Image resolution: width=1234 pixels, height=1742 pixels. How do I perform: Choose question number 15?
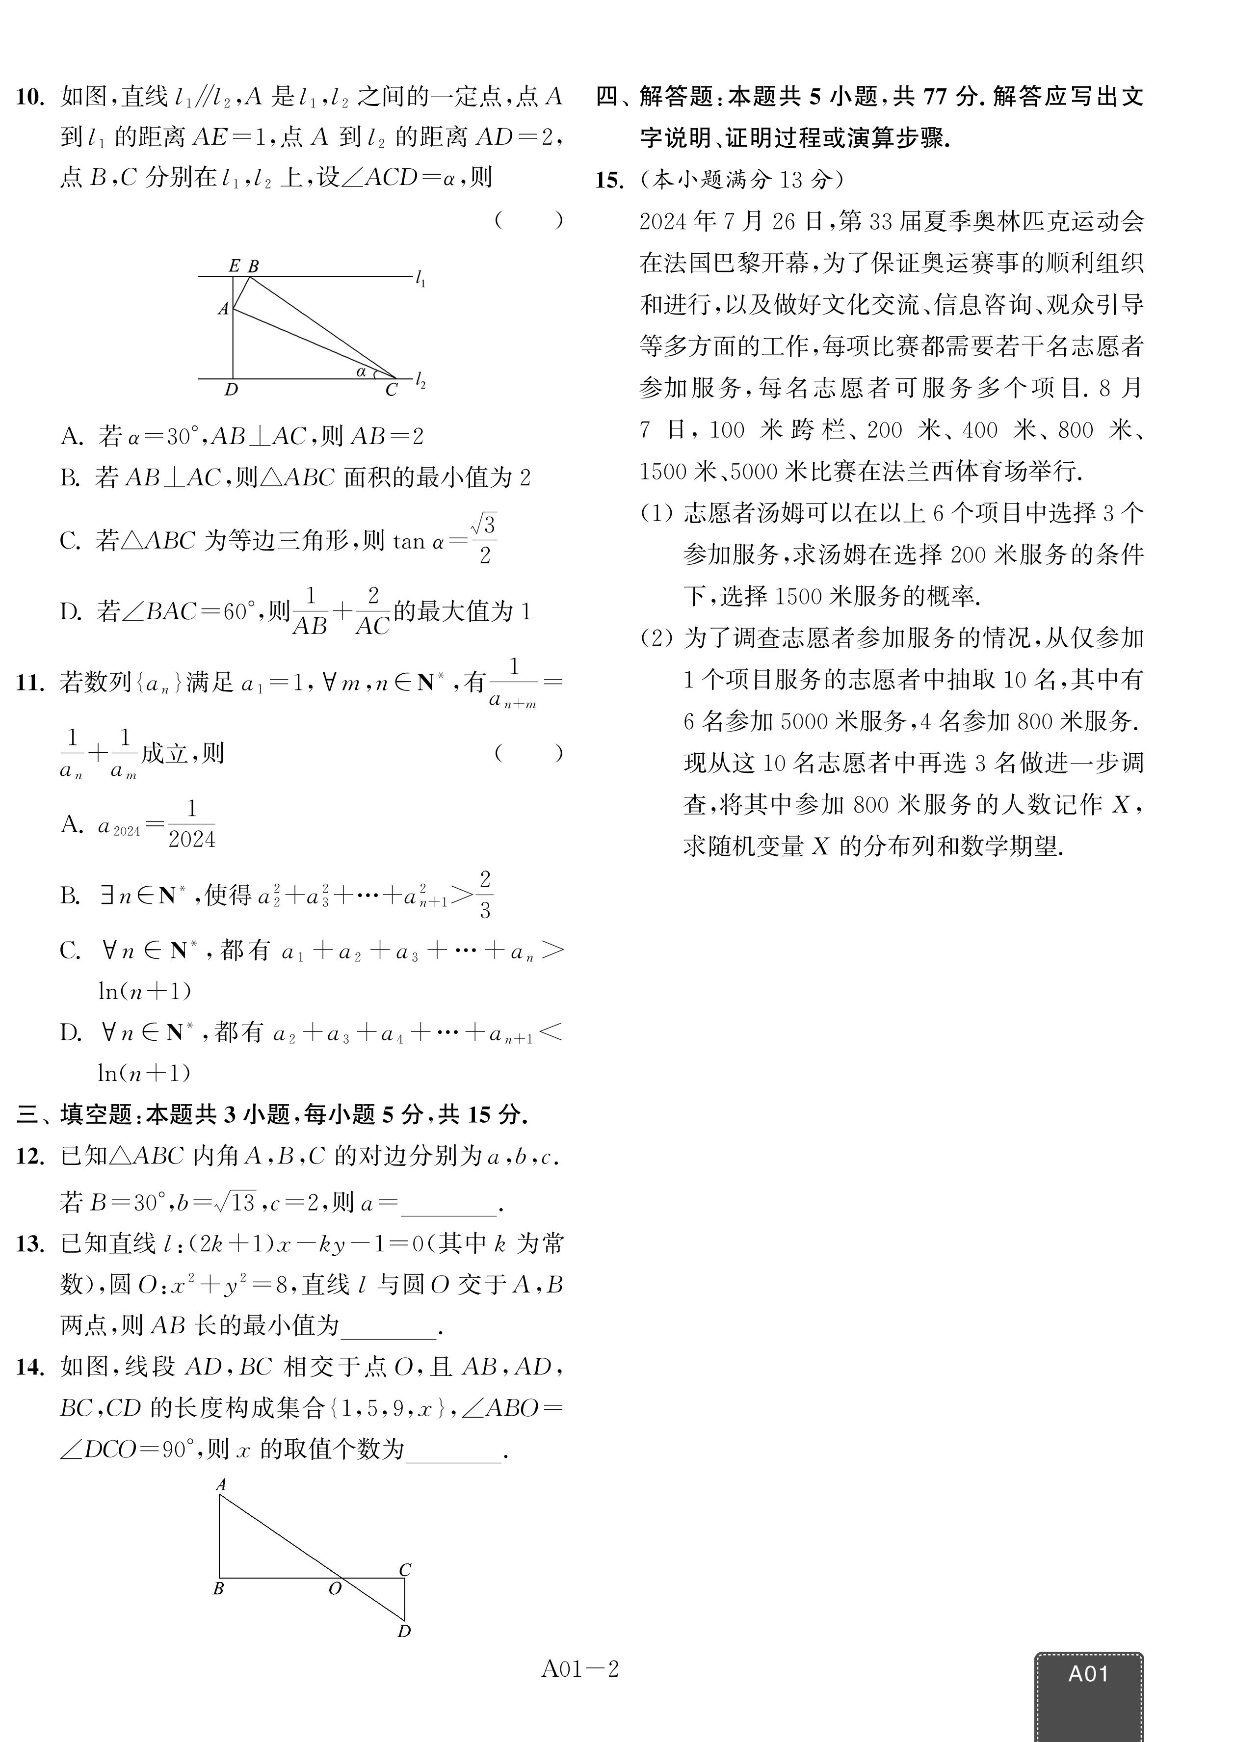(x=609, y=180)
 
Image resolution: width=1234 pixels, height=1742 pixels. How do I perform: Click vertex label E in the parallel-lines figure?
(x=234, y=266)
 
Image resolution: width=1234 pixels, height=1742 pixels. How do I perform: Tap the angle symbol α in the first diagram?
(x=362, y=371)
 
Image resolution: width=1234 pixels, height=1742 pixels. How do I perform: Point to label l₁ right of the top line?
(x=420, y=280)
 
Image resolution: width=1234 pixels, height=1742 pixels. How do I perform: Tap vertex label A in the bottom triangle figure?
(x=221, y=1484)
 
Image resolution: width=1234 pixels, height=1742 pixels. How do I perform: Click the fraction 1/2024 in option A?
(x=191, y=824)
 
